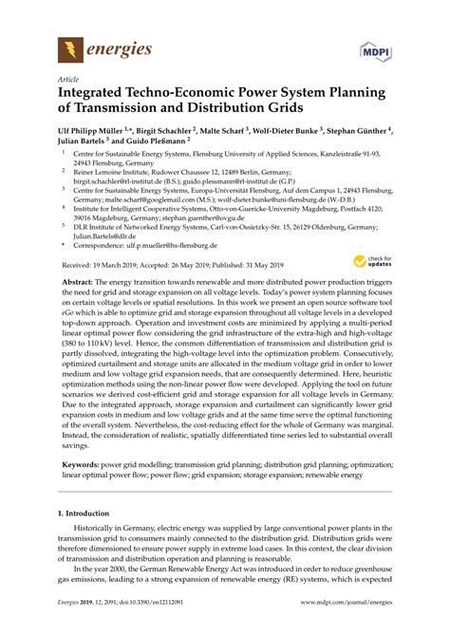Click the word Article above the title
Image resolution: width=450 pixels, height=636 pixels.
tap(68, 80)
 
